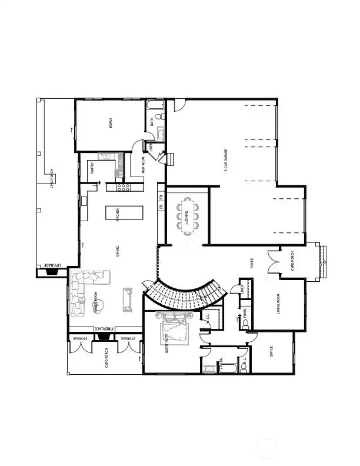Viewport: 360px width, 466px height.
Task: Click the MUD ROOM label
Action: [x=144, y=165]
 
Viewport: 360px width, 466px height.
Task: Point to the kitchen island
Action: [x=117, y=212]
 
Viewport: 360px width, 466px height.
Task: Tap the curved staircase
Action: [x=186, y=294]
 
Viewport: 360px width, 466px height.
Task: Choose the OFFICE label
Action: [x=271, y=352]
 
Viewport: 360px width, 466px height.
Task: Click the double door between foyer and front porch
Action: [x=273, y=261]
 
